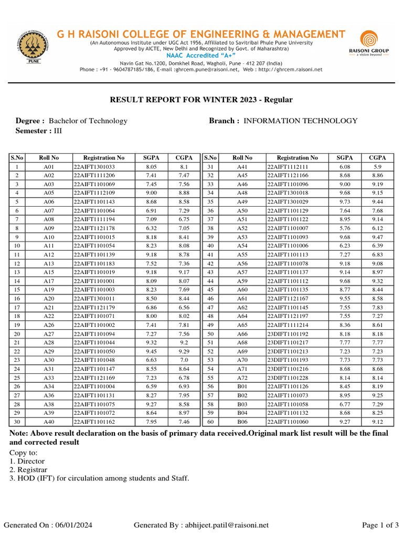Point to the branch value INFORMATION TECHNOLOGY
(301, 121)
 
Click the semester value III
(58, 131)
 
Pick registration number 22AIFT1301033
(94, 167)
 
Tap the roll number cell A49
(242, 202)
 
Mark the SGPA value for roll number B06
(345, 422)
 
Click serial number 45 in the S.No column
(210, 289)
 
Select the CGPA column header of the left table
(184, 158)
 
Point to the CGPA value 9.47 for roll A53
(377, 237)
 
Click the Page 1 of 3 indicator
(381, 525)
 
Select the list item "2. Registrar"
(28, 470)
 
